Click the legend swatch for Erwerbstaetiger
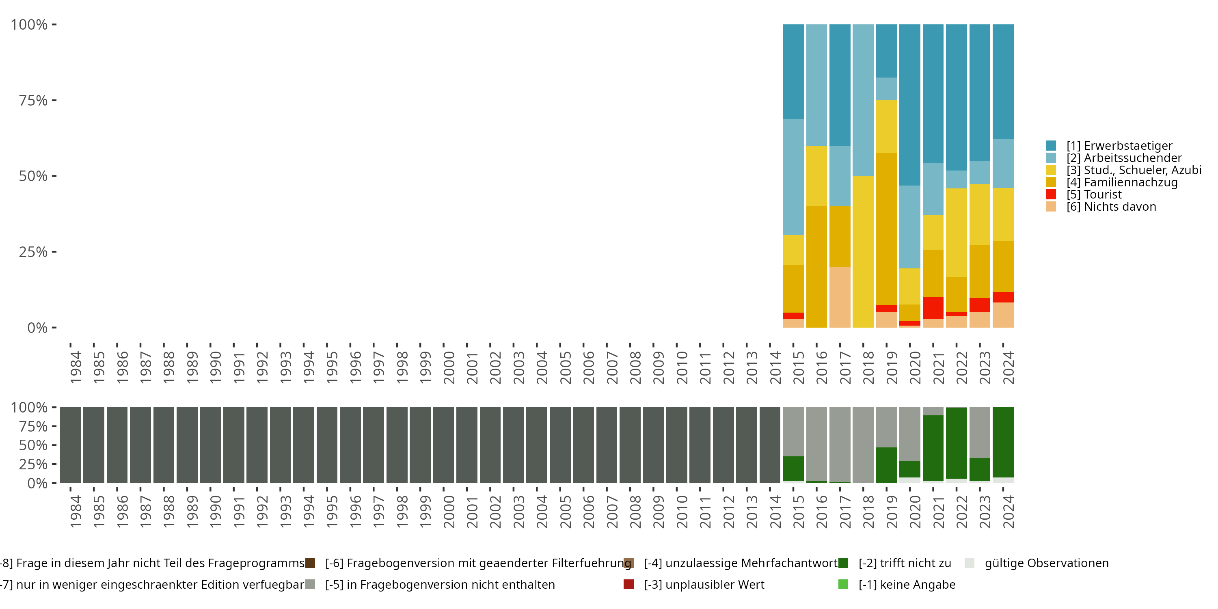(x=1051, y=146)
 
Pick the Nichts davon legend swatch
(x=1051, y=207)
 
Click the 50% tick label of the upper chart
(x=33, y=176)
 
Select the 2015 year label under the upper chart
(x=798, y=367)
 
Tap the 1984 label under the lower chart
(x=76, y=512)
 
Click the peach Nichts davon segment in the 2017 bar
(x=840, y=297)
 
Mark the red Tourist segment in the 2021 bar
(x=933, y=308)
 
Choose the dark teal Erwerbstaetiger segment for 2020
(x=909, y=104)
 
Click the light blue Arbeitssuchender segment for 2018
(x=863, y=100)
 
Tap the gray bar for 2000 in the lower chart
(x=443, y=445)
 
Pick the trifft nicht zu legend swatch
(x=842, y=563)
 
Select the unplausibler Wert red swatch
(x=628, y=584)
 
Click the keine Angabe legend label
(x=907, y=584)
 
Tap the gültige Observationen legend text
(x=1046, y=563)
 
